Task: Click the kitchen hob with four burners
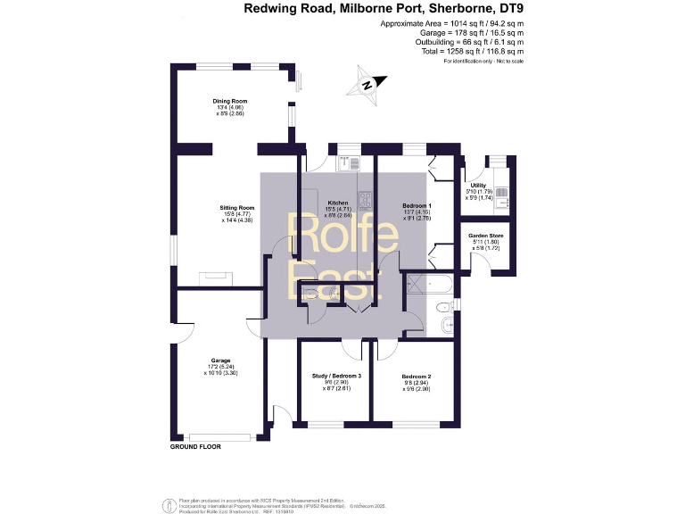365,199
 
